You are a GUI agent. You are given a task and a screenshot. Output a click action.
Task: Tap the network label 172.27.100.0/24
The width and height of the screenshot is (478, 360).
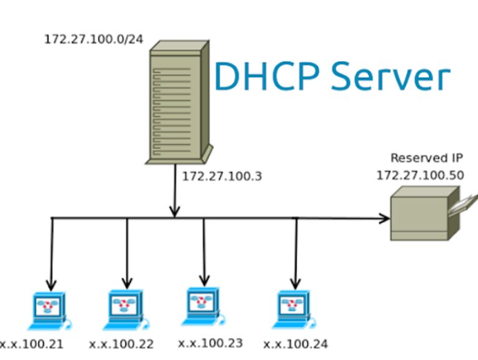93,39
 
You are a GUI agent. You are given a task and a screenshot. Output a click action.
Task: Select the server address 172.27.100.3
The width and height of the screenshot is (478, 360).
222,176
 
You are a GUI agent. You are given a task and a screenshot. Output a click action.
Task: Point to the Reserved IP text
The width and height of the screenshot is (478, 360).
426,158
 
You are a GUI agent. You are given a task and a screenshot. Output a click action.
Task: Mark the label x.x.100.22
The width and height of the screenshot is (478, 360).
121,344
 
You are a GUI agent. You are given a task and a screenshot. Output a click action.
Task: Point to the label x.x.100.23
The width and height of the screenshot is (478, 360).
210,343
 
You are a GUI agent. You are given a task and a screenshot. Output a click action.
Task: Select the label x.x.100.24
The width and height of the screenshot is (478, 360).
296,344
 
